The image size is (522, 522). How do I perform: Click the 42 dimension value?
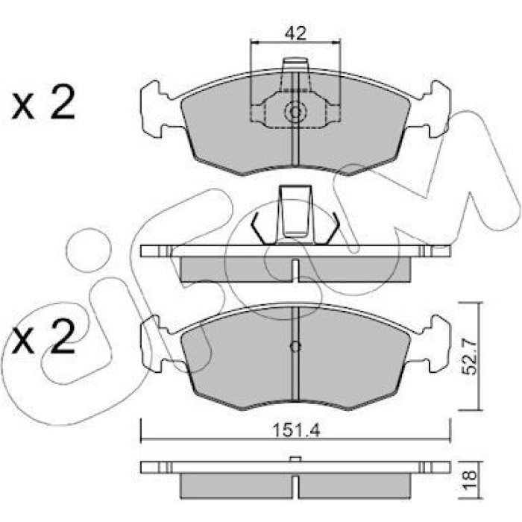(295, 34)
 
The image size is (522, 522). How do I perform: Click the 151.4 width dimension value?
(296, 430)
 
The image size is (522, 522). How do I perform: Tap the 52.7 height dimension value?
(471, 357)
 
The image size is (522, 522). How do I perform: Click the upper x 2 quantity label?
(43, 102)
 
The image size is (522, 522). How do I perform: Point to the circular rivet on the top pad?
(295, 112)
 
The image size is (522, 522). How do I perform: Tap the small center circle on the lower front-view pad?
(295, 346)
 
